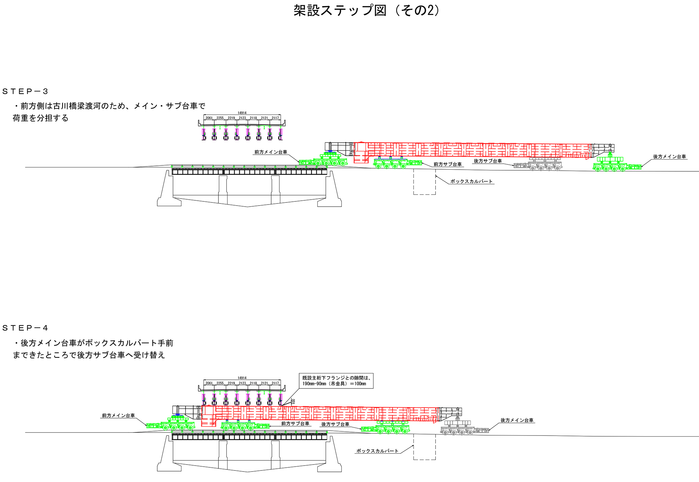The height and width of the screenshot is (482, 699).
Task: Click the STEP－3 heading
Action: coord(25,91)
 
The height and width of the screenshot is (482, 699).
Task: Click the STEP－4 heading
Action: coord(25,328)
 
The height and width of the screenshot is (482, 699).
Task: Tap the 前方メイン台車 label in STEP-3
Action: coord(271,152)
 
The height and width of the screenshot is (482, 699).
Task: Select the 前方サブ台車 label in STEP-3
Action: coord(447,164)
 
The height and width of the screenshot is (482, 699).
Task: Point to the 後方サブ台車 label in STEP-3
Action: coord(488,161)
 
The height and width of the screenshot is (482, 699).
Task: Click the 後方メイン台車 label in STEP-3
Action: coord(669,157)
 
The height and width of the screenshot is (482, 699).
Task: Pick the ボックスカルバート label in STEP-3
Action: coord(471,181)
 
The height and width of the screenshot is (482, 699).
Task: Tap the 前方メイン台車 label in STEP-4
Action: coord(118,416)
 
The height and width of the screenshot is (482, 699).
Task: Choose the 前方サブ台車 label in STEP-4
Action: coord(295,424)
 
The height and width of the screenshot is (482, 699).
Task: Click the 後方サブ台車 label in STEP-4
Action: coord(335,424)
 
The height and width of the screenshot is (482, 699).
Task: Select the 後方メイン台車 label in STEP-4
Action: coord(517,421)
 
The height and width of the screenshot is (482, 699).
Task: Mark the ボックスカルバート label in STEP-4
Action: coord(377,451)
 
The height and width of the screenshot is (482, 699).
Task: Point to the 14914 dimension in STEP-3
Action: coord(242,113)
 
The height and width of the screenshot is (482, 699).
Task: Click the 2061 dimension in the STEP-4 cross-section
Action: coord(209,383)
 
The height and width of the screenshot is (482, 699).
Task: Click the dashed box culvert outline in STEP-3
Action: coord(424,182)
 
